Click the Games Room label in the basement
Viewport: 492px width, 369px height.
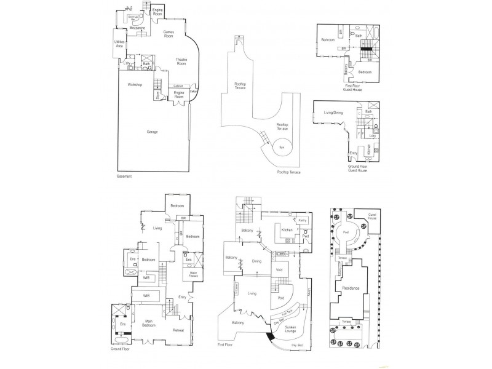(x=168, y=34)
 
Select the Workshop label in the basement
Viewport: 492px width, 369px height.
(x=135, y=84)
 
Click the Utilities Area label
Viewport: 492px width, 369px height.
(x=121, y=44)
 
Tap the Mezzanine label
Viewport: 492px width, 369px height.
(x=138, y=28)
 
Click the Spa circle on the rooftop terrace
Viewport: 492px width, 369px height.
(x=282, y=148)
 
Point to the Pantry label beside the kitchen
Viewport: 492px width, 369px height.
(x=302, y=220)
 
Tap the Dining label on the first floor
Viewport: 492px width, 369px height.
(x=256, y=261)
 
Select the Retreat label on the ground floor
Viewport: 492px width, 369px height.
(x=178, y=330)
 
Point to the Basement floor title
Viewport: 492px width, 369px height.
(x=125, y=177)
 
